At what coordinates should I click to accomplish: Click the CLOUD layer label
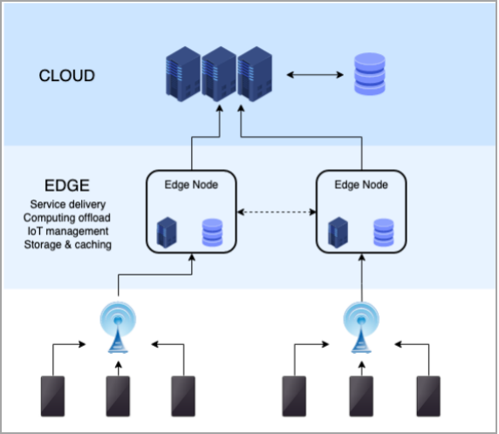click(67, 76)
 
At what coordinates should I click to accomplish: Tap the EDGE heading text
click(67, 186)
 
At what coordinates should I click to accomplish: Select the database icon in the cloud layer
click(370, 74)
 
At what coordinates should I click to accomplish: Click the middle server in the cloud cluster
click(219, 74)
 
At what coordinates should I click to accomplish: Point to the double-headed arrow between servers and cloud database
click(315, 75)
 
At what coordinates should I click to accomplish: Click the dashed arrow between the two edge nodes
click(277, 212)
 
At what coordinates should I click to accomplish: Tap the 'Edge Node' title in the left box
click(191, 185)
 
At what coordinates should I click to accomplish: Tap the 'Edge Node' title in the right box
click(361, 185)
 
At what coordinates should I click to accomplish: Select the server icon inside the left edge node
click(167, 233)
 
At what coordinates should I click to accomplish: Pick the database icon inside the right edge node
click(384, 233)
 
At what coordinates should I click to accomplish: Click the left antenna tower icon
click(118, 328)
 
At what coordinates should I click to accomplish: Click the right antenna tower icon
click(361, 328)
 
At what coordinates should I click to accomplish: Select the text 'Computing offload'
click(67, 218)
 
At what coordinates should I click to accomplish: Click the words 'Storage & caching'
click(67, 245)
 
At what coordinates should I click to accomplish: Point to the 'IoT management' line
click(68, 231)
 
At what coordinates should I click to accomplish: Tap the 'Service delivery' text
click(68, 204)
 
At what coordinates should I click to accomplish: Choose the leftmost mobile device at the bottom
click(53, 397)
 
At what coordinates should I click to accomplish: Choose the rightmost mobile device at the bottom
click(428, 397)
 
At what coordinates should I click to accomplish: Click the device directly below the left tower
click(118, 397)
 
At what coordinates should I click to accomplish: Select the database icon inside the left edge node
click(213, 233)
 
